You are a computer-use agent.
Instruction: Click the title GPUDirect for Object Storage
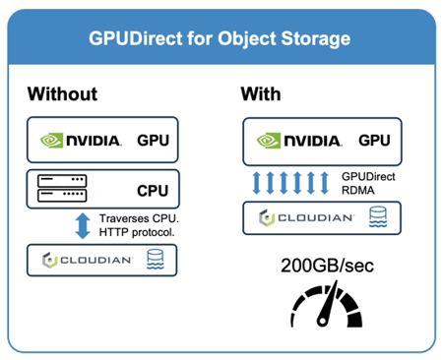pos(221,41)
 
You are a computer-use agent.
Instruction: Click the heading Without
pos(62,95)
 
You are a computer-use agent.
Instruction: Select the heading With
pos(261,95)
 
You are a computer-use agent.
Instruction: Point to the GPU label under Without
pos(153,141)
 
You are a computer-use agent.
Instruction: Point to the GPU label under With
pos(369,141)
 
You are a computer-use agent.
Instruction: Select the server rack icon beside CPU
pos(62,188)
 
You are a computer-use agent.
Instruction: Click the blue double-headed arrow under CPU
pos(82,225)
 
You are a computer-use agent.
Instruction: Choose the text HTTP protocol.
pos(137,233)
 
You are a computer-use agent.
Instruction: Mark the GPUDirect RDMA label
pos(366,181)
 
